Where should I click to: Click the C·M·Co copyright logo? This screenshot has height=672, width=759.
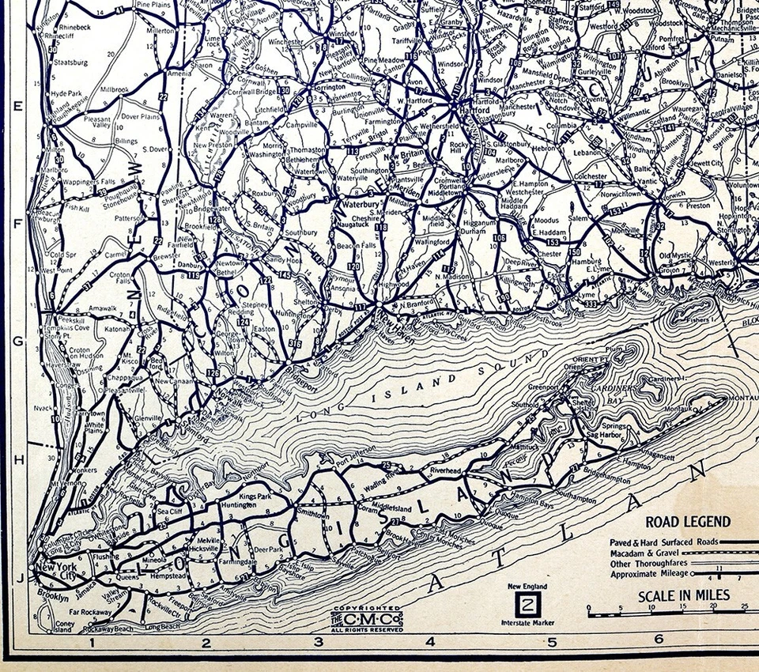pos(367,617)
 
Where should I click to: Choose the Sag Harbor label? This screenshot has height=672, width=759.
pos(605,435)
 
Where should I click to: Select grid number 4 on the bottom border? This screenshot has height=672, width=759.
pos(430,642)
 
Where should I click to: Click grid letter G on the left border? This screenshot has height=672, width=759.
pos(17,342)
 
